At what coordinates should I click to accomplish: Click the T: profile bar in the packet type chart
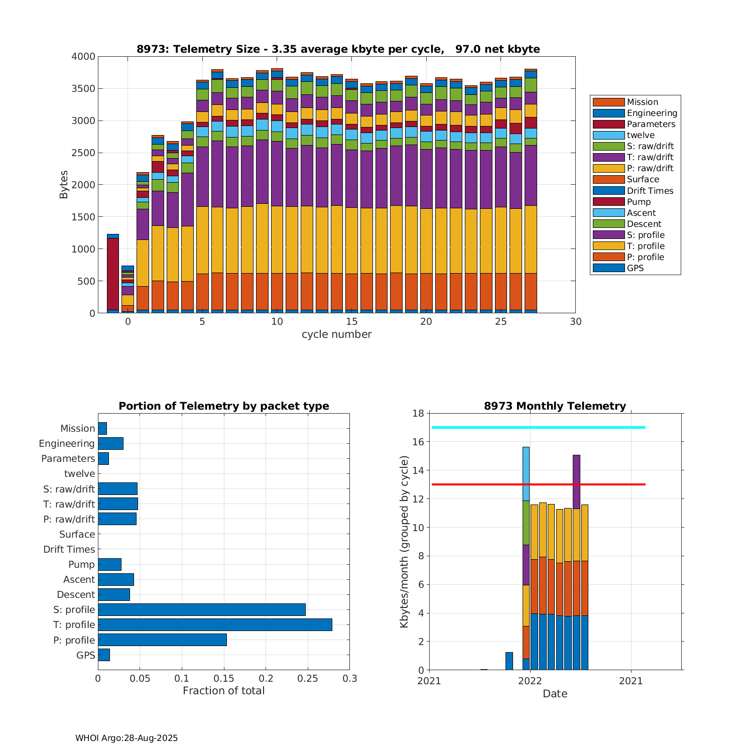click(215, 624)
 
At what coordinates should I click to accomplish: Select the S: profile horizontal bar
click(202, 609)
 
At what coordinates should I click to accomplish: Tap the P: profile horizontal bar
click(162, 640)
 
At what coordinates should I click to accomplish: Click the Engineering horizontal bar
click(110, 443)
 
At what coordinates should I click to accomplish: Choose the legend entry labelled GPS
click(635, 268)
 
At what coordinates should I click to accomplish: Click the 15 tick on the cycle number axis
click(351, 322)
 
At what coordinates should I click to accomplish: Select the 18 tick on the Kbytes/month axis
click(418, 413)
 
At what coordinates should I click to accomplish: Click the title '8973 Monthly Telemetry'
click(555, 406)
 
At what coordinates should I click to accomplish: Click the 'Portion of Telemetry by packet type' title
click(224, 406)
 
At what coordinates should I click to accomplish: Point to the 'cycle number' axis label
click(336, 334)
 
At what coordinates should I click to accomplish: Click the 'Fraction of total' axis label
click(223, 691)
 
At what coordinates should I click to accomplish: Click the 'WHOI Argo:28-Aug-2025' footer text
click(127, 738)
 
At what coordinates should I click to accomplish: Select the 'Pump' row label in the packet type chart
click(82, 564)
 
